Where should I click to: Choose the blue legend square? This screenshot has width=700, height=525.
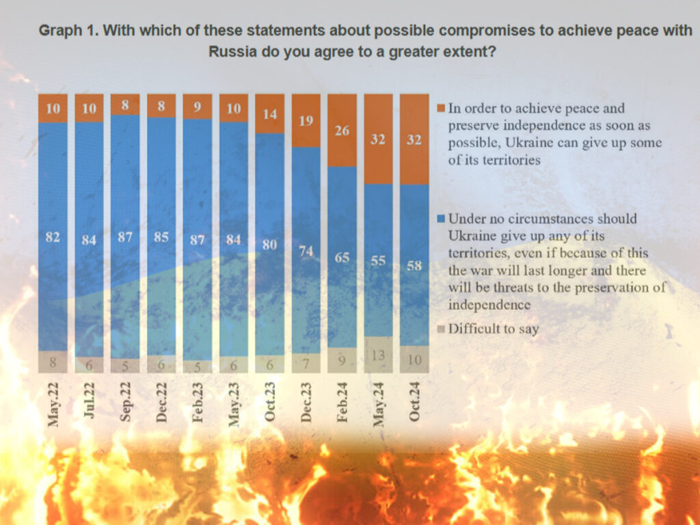[x=441, y=219]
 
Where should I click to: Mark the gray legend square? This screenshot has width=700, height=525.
[x=441, y=329]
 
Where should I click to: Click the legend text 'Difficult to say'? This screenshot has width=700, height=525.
[x=493, y=329]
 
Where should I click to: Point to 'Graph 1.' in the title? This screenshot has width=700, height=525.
[x=66, y=31]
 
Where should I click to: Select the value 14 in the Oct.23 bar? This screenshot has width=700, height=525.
[x=269, y=114]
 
